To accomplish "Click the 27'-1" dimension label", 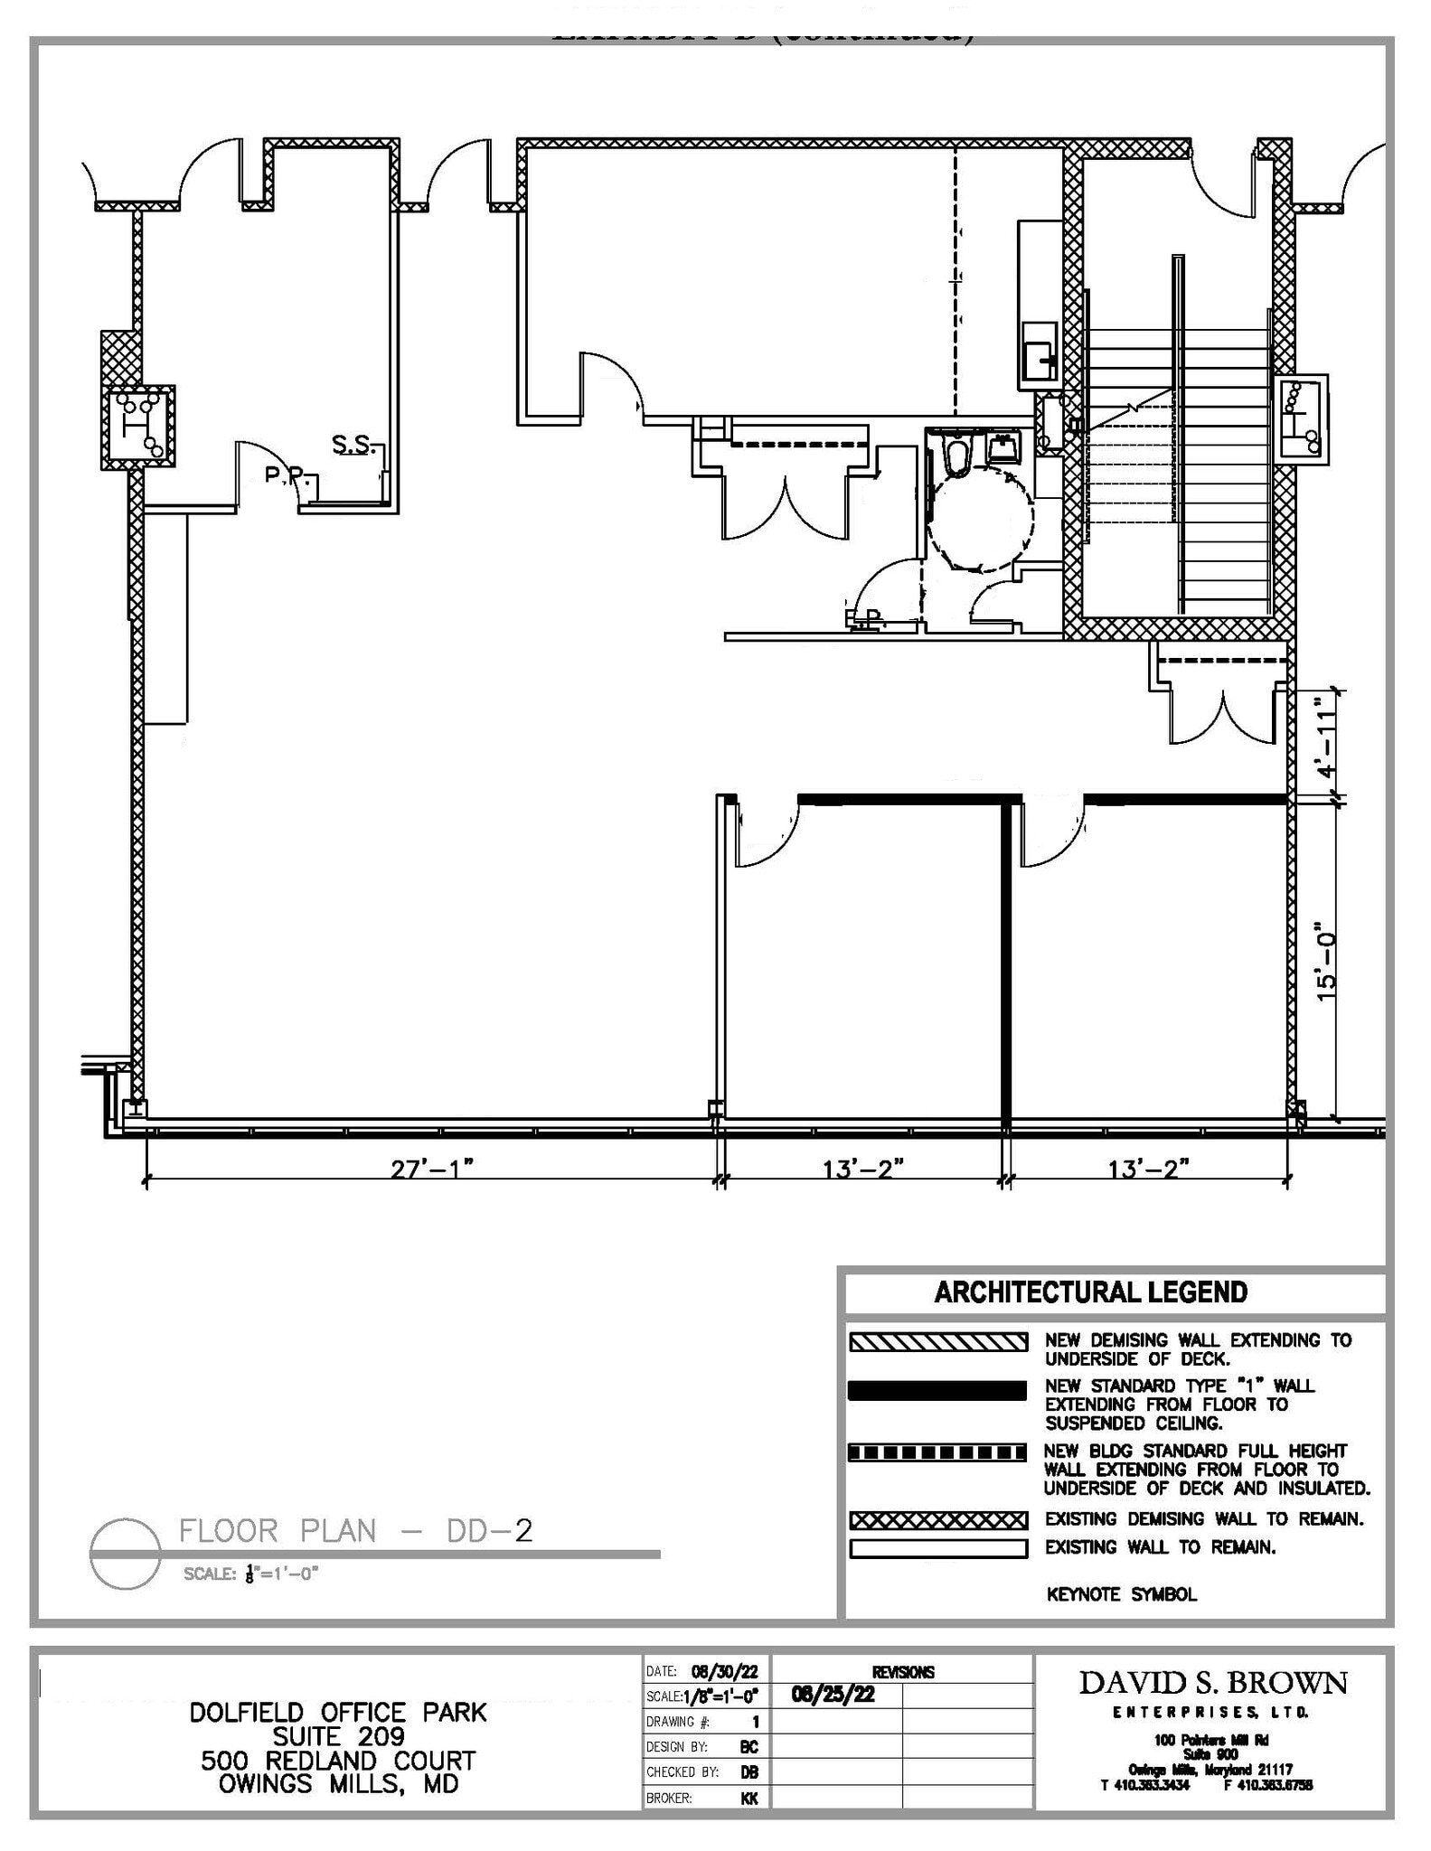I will point(431,1169).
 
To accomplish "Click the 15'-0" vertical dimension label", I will point(1325,962).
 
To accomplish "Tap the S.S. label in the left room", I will point(352,444).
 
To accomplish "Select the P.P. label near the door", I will point(286,474).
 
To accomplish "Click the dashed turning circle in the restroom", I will point(980,522).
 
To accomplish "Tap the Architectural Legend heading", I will point(1090,1292).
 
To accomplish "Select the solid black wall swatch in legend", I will point(937,1390).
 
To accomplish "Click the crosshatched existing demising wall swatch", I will point(937,1519).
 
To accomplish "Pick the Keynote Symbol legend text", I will point(1121,1594).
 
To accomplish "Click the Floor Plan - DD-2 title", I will point(355,1531).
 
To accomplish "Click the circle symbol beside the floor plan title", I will point(126,1553).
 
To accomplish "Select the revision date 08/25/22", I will point(833,1694).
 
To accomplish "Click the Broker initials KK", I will point(748,1799).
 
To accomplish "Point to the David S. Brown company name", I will point(1212,1683).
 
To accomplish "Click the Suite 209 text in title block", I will point(338,1737).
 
